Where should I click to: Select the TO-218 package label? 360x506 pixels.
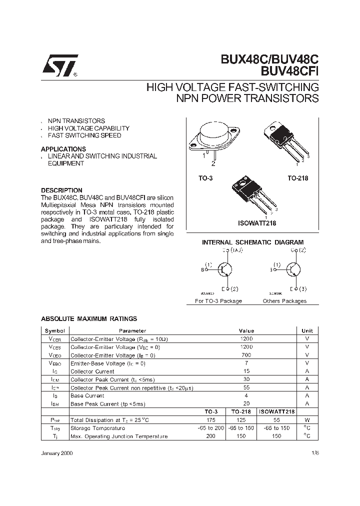[x=297, y=178]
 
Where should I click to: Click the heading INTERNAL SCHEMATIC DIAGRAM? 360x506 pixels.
[x=252, y=242]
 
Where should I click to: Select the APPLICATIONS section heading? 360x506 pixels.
[x=63, y=149]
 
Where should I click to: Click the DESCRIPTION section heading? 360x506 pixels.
[x=61, y=190]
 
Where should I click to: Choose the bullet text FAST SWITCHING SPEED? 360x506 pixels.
[x=84, y=135]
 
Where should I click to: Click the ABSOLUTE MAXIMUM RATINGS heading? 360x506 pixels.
[x=89, y=318]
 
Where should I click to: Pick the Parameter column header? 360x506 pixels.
[x=132, y=330]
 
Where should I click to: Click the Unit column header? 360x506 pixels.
[x=307, y=330]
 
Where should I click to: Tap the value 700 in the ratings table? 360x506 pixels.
[x=246, y=355]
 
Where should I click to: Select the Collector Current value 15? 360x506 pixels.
[x=246, y=371]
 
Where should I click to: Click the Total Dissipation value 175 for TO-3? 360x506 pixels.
[x=210, y=420]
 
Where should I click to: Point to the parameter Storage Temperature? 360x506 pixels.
[x=97, y=428]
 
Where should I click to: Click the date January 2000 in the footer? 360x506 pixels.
[x=57, y=451]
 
